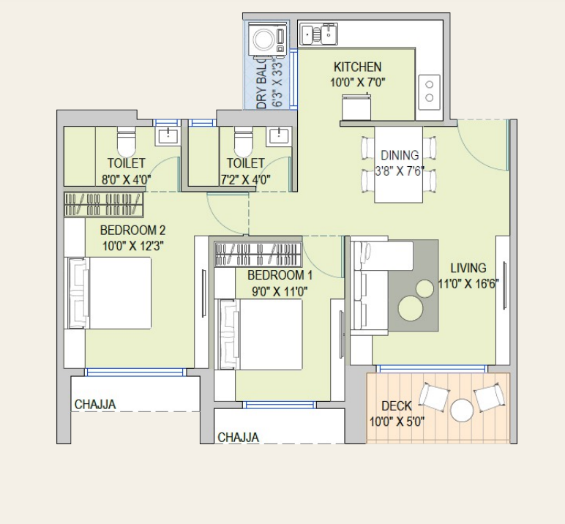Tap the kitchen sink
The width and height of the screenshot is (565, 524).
click(x=318, y=34)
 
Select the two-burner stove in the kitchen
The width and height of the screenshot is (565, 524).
click(x=429, y=92)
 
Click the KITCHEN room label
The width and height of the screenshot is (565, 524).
click(x=357, y=67)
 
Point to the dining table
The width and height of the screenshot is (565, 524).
click(x=399, y=165)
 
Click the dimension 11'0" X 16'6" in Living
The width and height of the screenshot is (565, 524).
click(x=468, y=284)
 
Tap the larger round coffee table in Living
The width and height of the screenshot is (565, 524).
click(x=411, y=308)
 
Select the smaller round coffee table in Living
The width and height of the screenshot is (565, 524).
click(x=424, y=288)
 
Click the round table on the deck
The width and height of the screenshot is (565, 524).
click(x=462, y=410)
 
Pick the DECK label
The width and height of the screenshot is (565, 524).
click(x=397, y=406)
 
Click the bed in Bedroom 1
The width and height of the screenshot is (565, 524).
click(x=258, y=334)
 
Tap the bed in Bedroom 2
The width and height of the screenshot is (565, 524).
click(x=108, y=293)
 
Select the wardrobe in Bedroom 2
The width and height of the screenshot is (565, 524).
click(x=104, y=205)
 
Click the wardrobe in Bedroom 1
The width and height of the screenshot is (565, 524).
click(x=258, y=254)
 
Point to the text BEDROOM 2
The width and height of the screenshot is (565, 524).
click(x=133, y=230)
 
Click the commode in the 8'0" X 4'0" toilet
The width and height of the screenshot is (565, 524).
click(x=126, y=141)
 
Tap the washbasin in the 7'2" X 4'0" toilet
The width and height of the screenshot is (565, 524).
click(x=279, y=137)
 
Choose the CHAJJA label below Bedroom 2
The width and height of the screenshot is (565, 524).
click(x=95, y=405)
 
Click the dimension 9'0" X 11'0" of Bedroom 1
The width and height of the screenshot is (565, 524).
click(x=280, y=291)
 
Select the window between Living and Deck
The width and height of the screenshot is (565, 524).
click(x=432, y=368)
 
